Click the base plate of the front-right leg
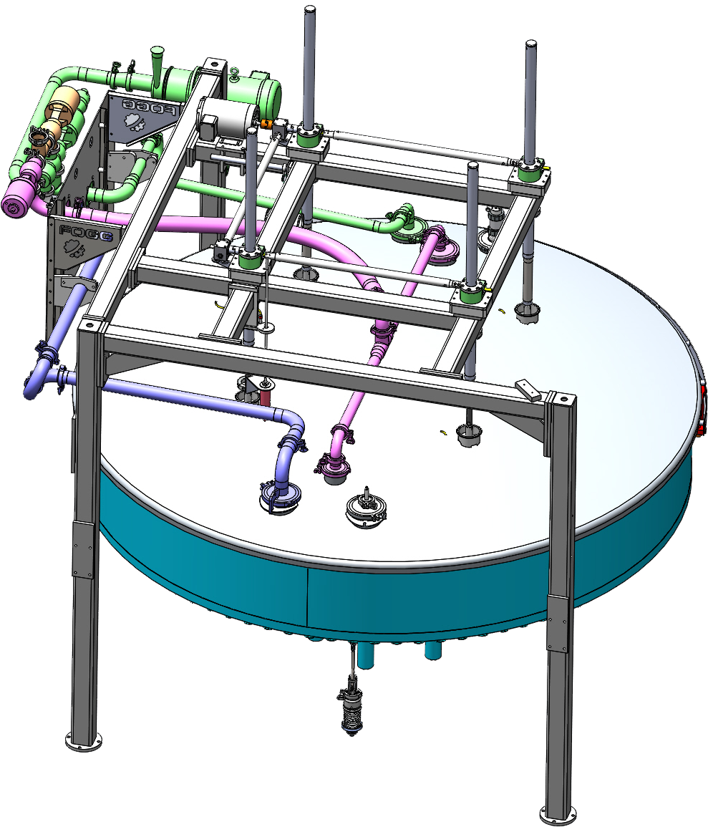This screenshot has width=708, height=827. [x=558, y=814]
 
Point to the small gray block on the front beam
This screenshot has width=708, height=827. [x=529, y=390]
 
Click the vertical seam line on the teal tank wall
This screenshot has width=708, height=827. [x=308, y=594]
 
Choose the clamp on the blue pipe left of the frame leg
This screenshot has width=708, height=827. [x=49, y=354]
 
